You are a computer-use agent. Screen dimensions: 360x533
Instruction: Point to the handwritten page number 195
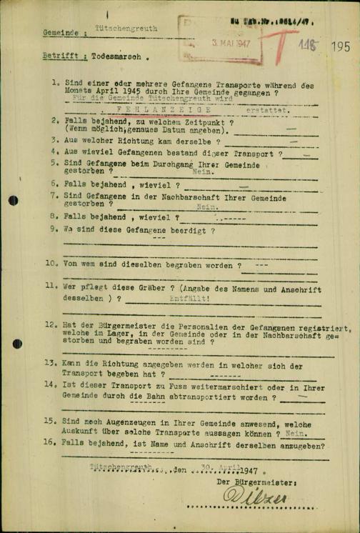click(x=341, y=46)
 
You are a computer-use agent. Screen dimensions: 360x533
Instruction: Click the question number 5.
click(x=54, y=163)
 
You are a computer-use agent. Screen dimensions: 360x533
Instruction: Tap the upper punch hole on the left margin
click(x=13, y=200)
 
